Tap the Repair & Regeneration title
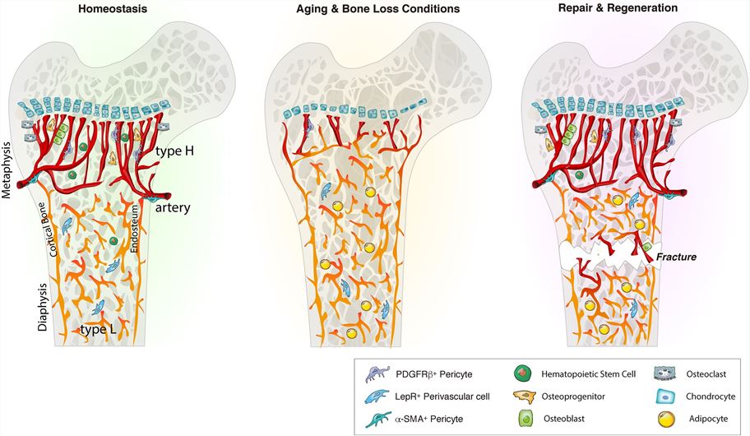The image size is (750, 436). click(628, 8)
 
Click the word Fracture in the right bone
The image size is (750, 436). click(676, 257)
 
